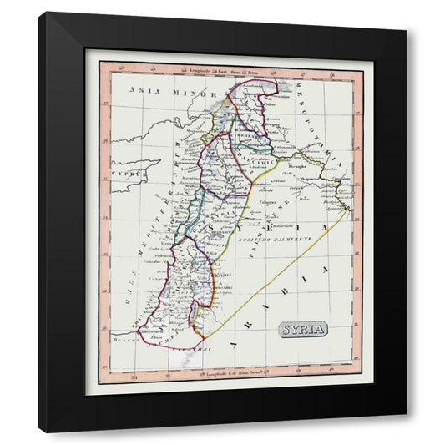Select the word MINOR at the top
click(189, 93)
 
